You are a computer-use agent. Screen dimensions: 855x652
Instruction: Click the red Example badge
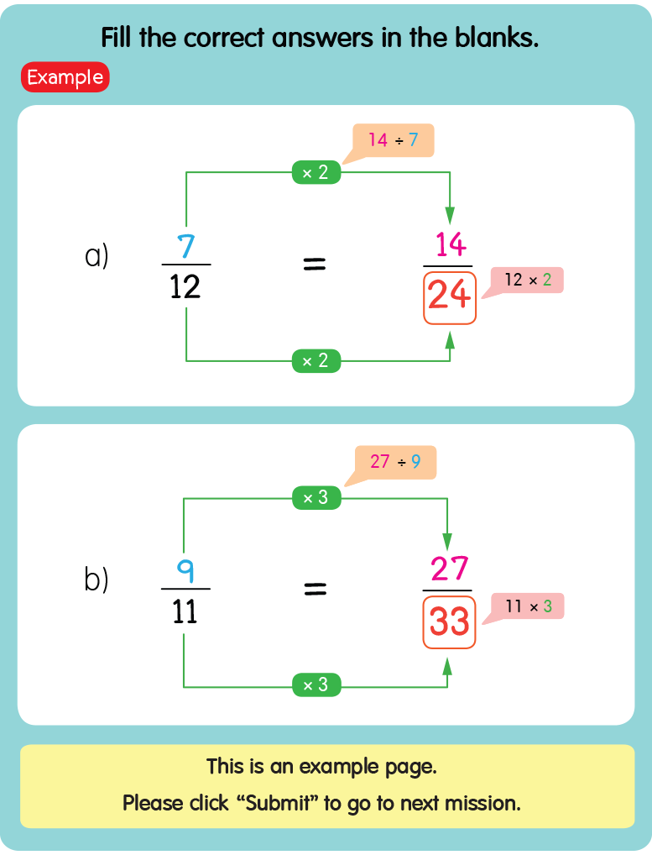[65, 77]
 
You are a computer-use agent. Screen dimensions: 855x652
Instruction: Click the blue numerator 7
[185, 246]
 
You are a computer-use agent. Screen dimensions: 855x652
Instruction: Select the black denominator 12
[185, 287]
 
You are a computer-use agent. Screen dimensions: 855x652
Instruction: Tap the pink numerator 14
[451, 244]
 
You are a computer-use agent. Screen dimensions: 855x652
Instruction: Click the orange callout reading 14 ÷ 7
[393, 139]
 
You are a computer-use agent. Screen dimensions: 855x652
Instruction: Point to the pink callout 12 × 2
[528, 281]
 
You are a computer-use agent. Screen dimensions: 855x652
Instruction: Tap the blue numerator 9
[185, 571]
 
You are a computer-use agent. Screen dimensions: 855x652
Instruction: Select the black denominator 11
[185, 611]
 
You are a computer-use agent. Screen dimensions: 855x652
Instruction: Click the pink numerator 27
[449, 569]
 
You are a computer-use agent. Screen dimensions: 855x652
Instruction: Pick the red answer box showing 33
[449, 622]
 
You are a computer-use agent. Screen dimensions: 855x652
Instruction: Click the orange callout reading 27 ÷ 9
[394, 462]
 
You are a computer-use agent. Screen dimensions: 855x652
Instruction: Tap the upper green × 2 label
[316, 173]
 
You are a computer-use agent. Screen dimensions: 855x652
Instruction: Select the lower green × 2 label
[316, 361]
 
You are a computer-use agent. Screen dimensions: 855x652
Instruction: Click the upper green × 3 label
[316, 497]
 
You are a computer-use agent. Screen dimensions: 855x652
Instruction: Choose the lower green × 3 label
[316, 685]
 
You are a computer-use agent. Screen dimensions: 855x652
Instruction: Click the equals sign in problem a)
[314, 265]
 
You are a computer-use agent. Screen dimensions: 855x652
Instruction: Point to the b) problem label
[96, 580]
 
